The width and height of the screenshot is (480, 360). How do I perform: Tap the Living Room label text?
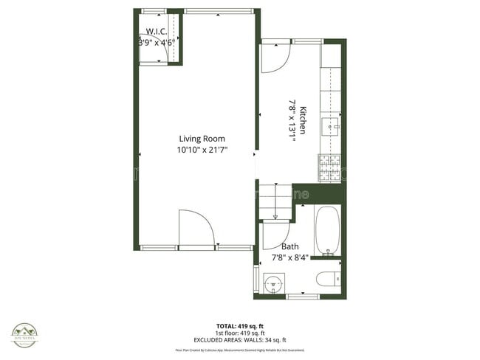(x=202, y=139)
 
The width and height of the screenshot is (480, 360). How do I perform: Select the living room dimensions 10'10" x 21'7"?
(x=202, y=150)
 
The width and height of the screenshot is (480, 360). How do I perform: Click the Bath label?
(x=290, y=247)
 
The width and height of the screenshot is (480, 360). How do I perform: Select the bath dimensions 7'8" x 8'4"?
(x=290, y=257)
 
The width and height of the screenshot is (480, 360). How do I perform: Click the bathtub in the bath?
(x=326, y=231)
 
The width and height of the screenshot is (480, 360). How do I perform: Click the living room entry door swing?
(x=196, y=227)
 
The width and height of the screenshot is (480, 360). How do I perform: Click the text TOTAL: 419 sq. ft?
(x=240, y=325)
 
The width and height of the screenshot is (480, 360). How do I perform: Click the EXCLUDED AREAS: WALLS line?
(x=240, y=339)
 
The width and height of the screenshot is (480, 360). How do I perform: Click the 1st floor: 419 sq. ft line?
(x=240, y=332)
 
